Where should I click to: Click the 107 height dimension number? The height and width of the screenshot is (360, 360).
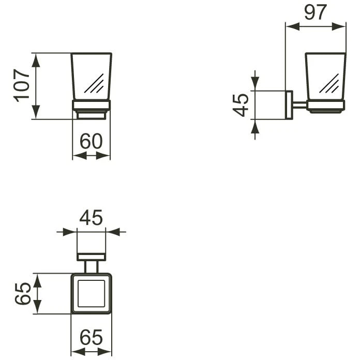click(22, 85)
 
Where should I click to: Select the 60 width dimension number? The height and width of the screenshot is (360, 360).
click(91, 141)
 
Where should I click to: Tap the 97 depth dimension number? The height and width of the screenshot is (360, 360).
click(316, 12)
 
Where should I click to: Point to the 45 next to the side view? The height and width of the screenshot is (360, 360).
click(241, 105)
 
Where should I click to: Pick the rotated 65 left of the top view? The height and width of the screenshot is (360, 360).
click(22, 294)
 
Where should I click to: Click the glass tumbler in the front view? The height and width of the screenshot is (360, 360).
click(91, 75)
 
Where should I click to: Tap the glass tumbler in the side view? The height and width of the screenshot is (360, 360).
click(325, 75)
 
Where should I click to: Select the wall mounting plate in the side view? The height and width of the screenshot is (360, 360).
click(289, 105)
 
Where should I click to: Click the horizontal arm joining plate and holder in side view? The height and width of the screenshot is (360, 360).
click(300, 106)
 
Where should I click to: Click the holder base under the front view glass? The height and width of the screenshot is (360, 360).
click(91, 110)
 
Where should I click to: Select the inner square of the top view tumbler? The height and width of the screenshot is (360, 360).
click(91, 293)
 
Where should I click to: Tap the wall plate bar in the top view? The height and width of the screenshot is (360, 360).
click(91, 257)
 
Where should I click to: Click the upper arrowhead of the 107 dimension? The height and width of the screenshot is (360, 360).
click(36, 59)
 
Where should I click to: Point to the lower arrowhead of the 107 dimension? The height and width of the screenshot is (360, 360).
click(36, 113)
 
